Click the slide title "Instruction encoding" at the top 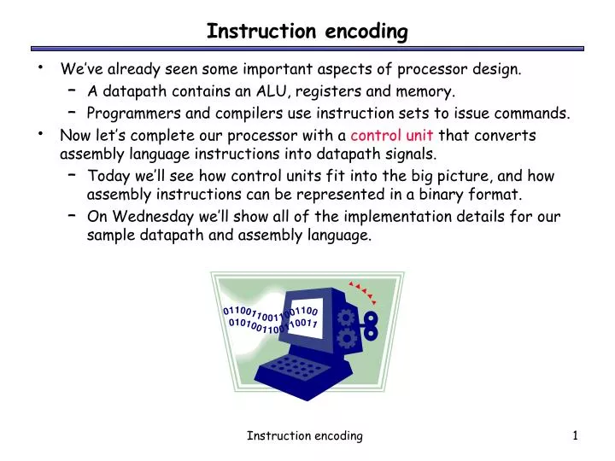pyautogui.click(x=307, y=32)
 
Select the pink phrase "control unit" pyautogui.click(x=392, y=135)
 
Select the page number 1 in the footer pyautogui.click(x=576, y=435)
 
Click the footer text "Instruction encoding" pyautogui.click(x=305, y=435)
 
